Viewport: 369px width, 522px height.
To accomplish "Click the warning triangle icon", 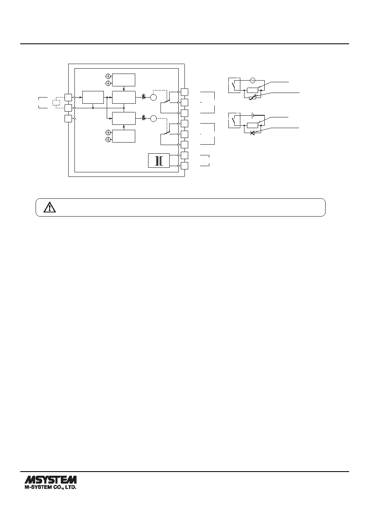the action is (50, 207).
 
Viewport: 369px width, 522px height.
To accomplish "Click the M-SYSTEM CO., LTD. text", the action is (50, 488).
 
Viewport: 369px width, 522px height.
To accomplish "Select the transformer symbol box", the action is (159, 160).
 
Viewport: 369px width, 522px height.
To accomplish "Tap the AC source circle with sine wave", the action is (252, 81).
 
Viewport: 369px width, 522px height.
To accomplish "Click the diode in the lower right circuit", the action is (252, 133).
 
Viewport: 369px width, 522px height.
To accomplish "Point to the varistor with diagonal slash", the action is (252, 98).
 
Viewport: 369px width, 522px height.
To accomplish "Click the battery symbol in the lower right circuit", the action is (253, 115).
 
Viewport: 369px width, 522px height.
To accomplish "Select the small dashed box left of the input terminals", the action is (56, 103).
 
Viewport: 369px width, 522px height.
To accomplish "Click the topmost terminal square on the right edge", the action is (184, 92).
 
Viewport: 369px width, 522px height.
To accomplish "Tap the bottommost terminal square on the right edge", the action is (184, 166).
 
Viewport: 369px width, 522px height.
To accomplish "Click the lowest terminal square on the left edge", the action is (68, 118).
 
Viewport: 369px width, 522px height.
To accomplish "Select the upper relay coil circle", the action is (153, 97).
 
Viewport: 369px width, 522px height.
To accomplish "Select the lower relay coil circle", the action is (153, 118).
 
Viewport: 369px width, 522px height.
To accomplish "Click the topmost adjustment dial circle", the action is (108, 76).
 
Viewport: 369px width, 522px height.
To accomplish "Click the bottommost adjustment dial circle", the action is (108, 139).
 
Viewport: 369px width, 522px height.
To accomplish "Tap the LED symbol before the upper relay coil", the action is (144, 97).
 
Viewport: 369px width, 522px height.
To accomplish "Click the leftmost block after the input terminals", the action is (93, 97).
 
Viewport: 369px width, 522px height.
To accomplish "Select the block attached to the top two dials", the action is (124, 80).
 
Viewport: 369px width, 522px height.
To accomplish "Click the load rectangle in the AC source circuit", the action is (252, 90).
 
